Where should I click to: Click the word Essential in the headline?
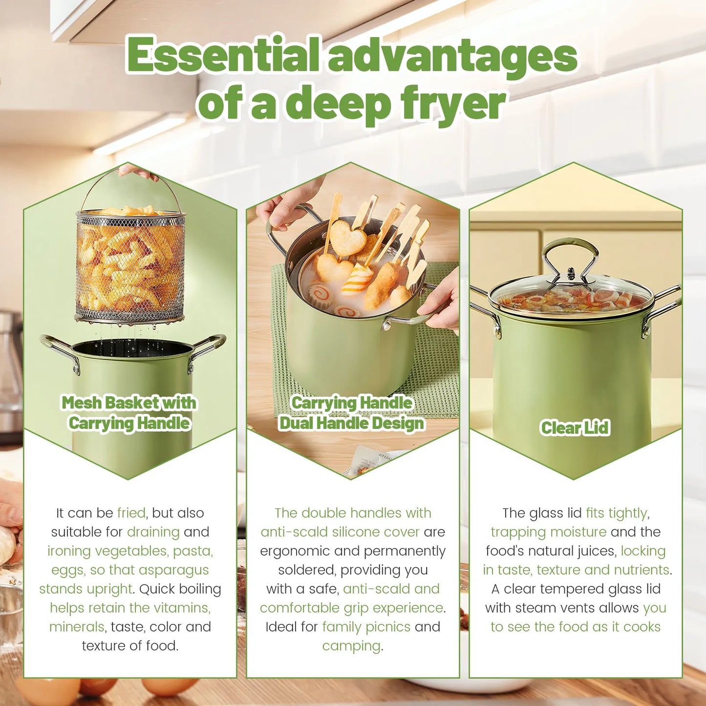pyautogui.click(x=223, y=55)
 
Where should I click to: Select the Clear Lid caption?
pyautogui.click(x=575, y=428)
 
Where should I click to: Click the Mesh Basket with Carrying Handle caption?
pyautogui.click(x=129, y=413)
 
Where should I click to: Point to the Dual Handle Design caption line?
pyautogui.click(x=351, y=423)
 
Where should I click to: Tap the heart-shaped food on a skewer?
pyautogui.click(x=348, y=238)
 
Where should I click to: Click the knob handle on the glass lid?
pyautogui.click(x=571, y=274)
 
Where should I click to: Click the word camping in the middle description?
pyautogui.click(x=351, y=646)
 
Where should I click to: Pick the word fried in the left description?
pyautogui.click(x=131, y=513)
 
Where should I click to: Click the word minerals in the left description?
pyautogui.click(x=77, y=627)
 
